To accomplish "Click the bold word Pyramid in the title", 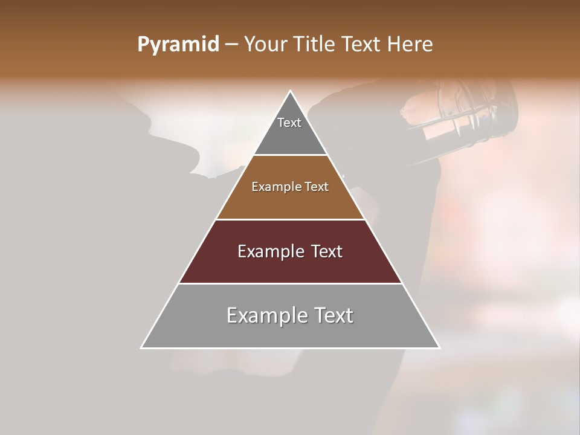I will tap(178, 45).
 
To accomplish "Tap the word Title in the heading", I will tap(314, 45).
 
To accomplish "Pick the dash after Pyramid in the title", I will tap(231, 45).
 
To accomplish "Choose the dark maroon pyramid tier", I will tap(290, 266).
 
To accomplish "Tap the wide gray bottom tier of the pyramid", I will tap(290, 332).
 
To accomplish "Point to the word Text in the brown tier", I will tap(317, 187).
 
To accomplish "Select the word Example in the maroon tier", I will tap(270, 251).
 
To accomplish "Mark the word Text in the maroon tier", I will tap(327, 251).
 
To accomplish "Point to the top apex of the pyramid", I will tap(291, 91).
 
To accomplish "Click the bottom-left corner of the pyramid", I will tap(142, 347).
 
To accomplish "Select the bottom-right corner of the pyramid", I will tap(439, 347).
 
